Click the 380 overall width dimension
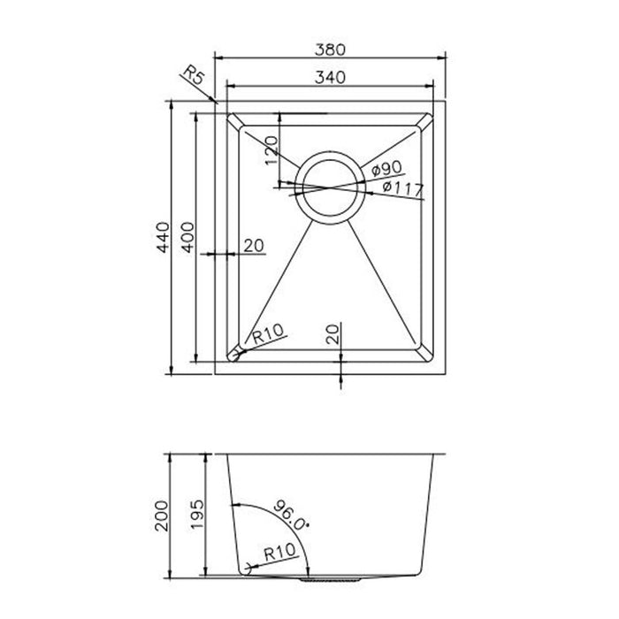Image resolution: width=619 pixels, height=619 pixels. point(330,50)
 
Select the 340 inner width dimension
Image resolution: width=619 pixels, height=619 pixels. point(330,77)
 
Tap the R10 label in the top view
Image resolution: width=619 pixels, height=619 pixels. point(267,334)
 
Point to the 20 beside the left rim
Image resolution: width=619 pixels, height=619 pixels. point(254,247)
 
